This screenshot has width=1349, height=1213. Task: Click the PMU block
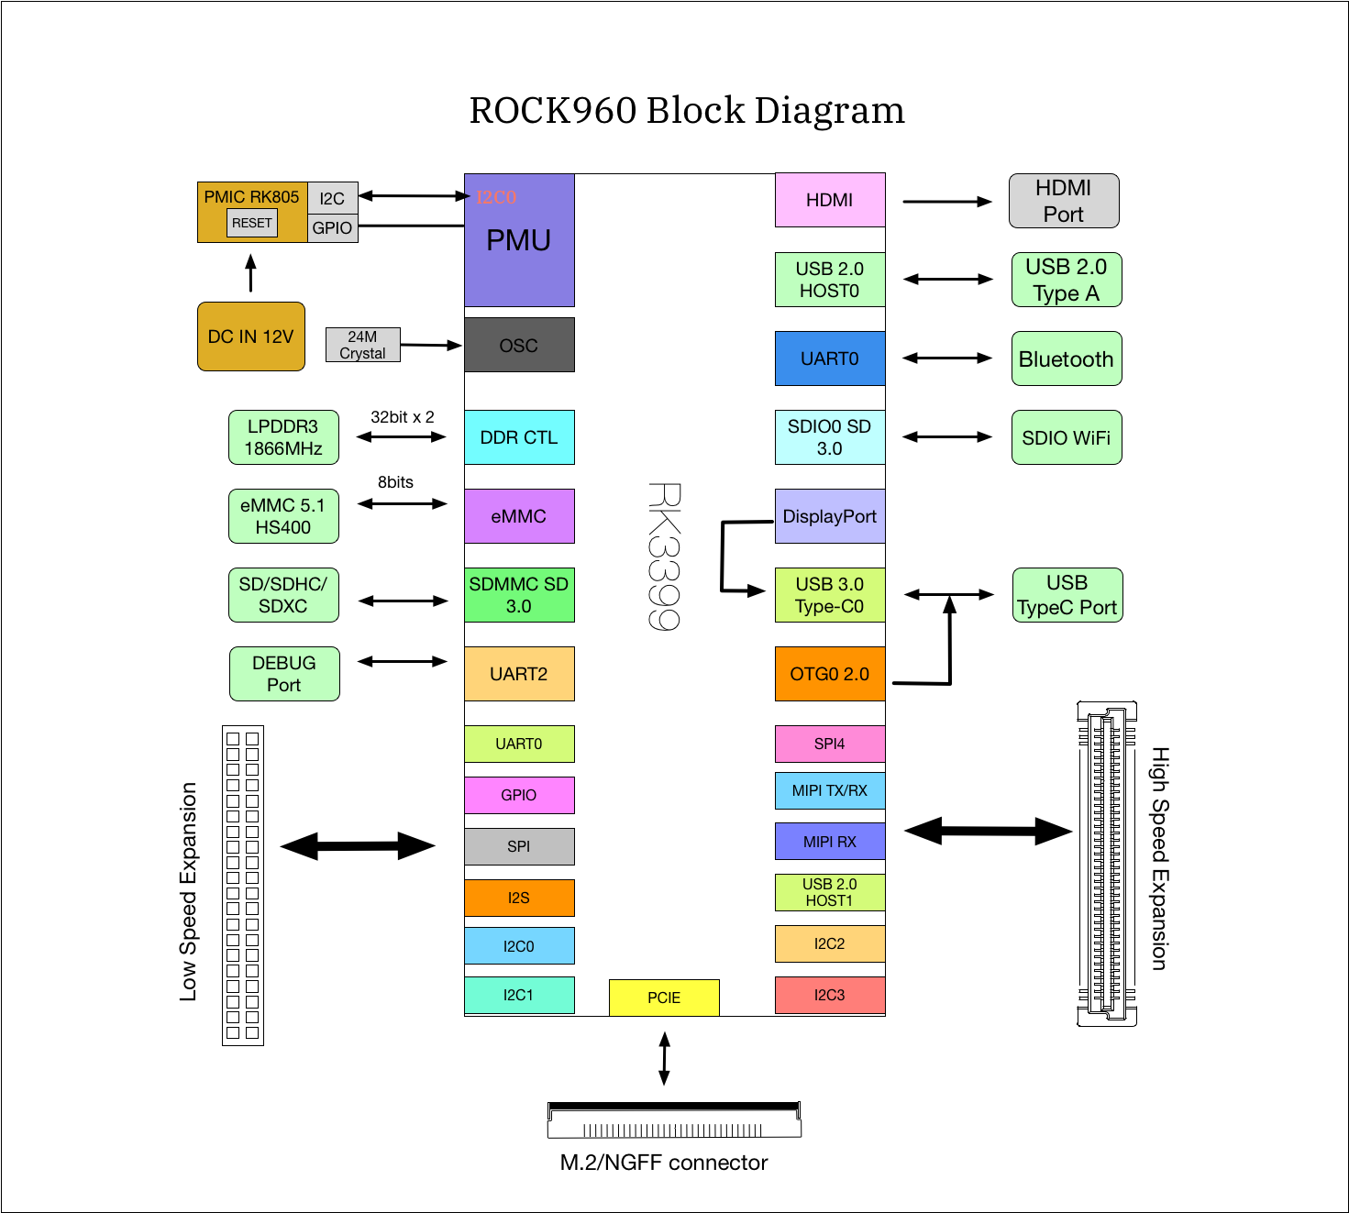(x=519, y=240)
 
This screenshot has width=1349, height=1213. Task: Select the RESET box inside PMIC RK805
(x=252, y=223)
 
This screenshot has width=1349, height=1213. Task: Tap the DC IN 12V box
(x=251, y=336)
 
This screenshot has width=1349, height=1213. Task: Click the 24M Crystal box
(x=363, y=345)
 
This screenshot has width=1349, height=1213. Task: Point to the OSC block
(x=519, y=345)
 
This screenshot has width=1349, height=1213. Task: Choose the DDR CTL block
(x=519, y=437)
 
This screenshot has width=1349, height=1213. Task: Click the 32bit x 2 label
(x=403, y=417)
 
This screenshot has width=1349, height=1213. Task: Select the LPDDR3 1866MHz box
(x=283, y=437)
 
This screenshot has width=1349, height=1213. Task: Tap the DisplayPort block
(x=830, y=516)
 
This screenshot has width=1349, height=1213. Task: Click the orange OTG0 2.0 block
(x=830, y=674)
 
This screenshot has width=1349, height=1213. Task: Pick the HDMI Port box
(x=1064, y=201)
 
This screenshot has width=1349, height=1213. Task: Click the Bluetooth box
(x=1067, y=358)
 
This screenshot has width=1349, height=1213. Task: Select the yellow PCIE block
(x=664, y=998)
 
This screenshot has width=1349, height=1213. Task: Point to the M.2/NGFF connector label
(x=664, y=1163)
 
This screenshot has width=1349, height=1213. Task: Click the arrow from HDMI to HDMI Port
(x=946, y=202)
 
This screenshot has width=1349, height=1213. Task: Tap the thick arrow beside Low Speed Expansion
(x=358, y=846)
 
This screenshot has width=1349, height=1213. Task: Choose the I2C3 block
(x=830, y=995)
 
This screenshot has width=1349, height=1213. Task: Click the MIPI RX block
(x=830, y=842)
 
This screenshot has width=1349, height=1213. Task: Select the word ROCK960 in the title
(x=553, y=111)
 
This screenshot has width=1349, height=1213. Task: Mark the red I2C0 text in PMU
(x=496, y=197)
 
